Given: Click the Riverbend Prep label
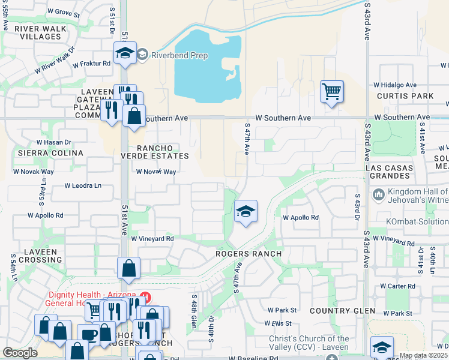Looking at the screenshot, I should click(x=180, y=56).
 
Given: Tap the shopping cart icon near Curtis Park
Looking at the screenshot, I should click(x=331, y=92).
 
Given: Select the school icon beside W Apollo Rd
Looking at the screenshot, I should click(x=245, y=211).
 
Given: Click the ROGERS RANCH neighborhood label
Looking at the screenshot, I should click(x=249, y=254).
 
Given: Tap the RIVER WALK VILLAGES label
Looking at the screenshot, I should click(x=38, y=32).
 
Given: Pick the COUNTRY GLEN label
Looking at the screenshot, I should click(x=342, y=311).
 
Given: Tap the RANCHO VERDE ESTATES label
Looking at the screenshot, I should click(x=155, y=152).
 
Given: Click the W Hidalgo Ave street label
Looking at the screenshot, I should click(x=395, y=85).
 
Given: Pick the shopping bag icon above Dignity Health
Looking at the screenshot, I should click(x=129, y=269).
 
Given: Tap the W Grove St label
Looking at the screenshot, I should click(x=63, y=12).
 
